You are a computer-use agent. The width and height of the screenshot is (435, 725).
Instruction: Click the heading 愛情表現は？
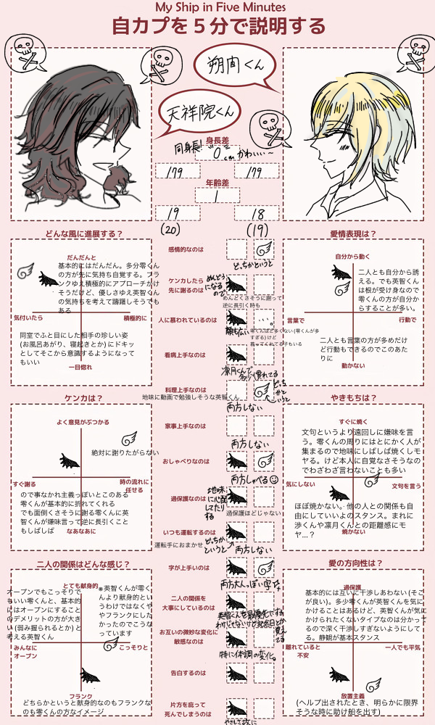click(353, 234)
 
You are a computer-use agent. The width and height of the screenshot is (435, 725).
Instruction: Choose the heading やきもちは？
click(353, 398)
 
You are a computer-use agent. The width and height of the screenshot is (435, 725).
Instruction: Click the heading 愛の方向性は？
click(353, 563)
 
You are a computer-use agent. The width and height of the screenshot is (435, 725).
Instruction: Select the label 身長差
click(217, 139)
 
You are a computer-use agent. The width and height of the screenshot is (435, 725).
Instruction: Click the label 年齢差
click(217, 183)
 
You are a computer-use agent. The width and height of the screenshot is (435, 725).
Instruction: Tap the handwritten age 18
click(257, 213)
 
